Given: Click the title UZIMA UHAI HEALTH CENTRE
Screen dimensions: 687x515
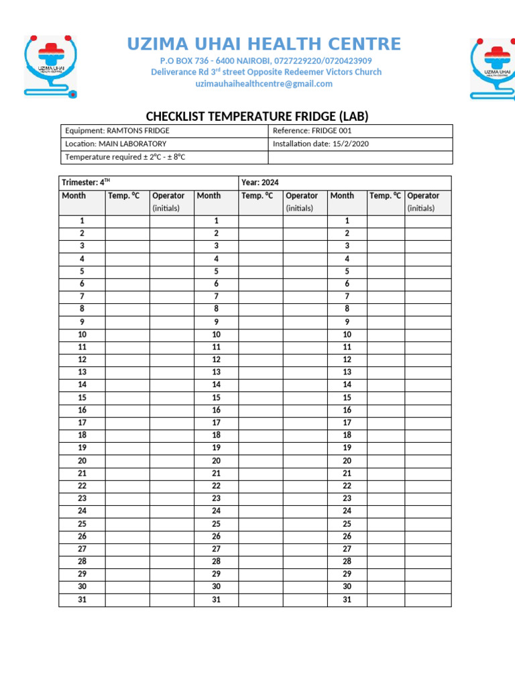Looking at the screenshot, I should (x=264, y=45).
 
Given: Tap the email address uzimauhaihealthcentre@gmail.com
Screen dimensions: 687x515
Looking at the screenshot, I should (x=264, y=84).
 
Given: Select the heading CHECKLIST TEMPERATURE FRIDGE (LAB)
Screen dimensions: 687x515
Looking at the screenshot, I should (x=257, y=117).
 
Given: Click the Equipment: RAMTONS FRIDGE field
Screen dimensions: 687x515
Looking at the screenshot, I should (x=117, y=131).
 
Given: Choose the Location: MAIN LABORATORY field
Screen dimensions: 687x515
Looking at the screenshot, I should (x=116, y=144).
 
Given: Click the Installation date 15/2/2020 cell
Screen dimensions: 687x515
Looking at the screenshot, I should (x=321, y=144).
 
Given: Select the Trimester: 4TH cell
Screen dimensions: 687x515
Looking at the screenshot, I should (x=86, y=182).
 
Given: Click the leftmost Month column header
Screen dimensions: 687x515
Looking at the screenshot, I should (x=74, y=196).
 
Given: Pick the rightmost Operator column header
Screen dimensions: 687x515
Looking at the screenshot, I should (x=424, y=196).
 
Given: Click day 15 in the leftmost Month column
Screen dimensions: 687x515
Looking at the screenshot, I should (x=82, y=397).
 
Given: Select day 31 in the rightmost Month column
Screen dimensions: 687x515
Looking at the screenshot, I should (x=347, y=599).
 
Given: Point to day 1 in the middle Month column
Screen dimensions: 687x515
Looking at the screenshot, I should (x=217, y=221).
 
